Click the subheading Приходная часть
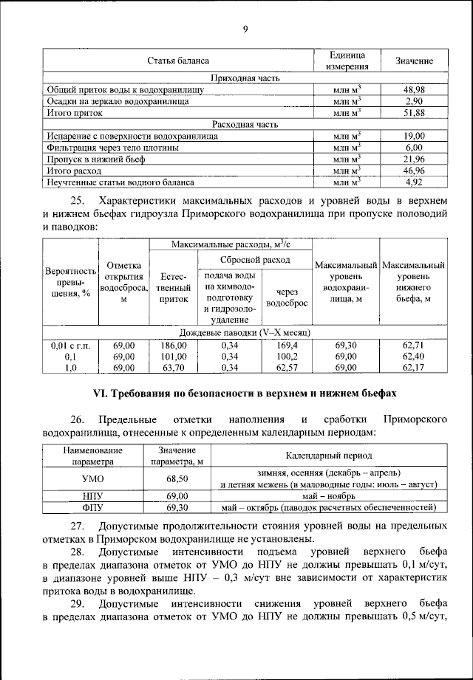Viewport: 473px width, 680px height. pyautogui.click(x=245, y=78)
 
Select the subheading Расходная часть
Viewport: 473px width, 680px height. pyautogui.click(x=245, y=124)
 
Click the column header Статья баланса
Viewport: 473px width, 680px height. pyautogui.click(x=178, y=61)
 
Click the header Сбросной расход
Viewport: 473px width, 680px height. pyautogui.click(x=255, y=261)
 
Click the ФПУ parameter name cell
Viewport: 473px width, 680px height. pyautogui.click(x=93, y=508)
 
